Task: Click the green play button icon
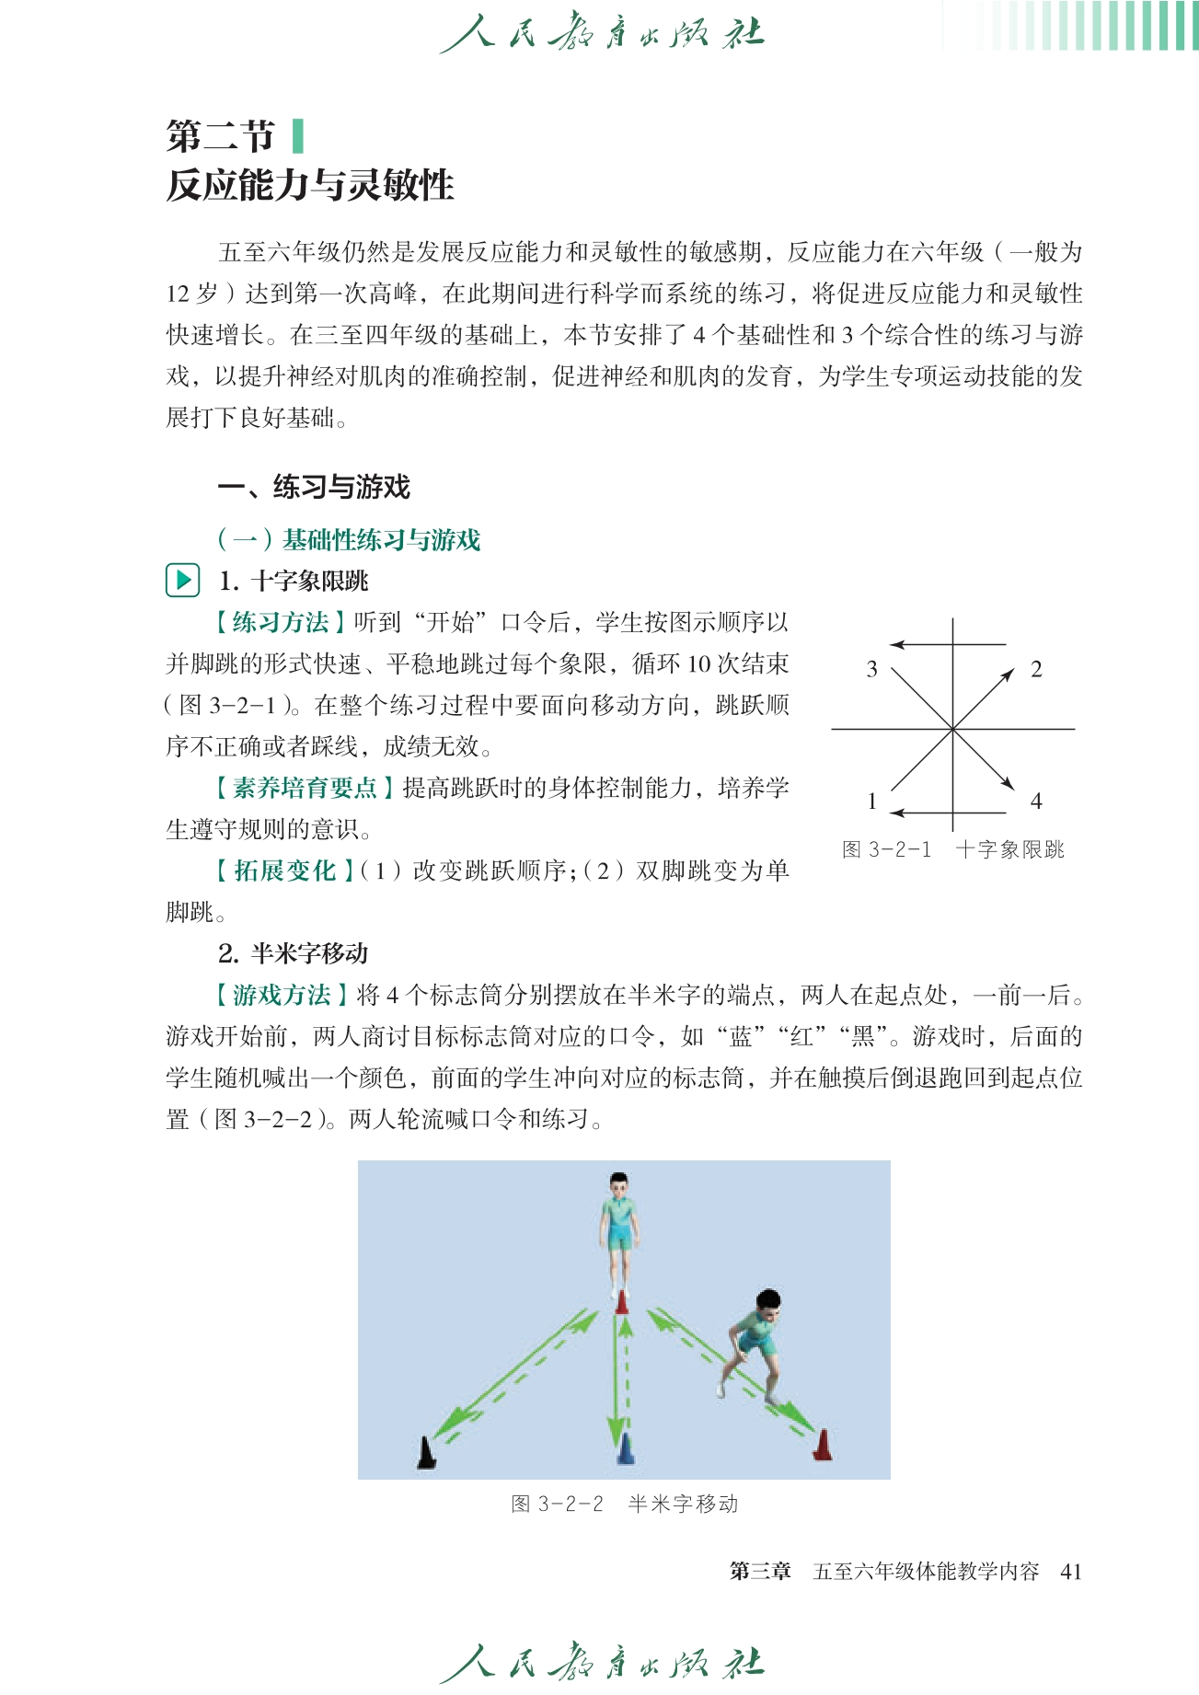183,580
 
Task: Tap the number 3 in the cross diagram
871,669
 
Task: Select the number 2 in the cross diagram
1036,669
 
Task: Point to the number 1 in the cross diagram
871,801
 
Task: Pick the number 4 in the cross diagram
1036,801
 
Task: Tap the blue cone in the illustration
626,1448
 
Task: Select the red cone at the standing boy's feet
622,1301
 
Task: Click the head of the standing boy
619,1183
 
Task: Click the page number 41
1070,1571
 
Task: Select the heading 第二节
221,136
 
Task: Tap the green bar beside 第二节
296,136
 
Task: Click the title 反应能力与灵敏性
310,185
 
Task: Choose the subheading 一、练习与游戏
314,487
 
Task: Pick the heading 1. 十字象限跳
294,581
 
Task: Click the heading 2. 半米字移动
294,953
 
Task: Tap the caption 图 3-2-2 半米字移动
624,1504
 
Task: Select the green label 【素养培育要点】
305,788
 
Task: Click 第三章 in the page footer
760,1571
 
